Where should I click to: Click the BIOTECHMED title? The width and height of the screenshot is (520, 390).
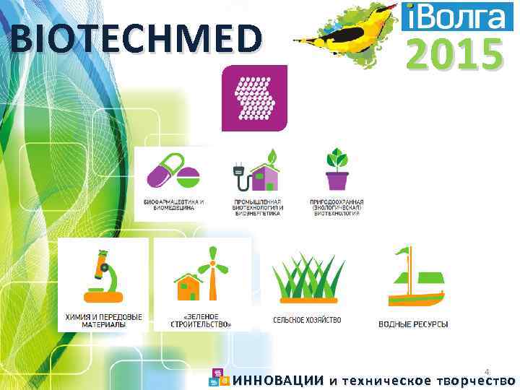tap(136, 38)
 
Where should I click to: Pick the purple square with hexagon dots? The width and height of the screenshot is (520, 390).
tap(254, 97)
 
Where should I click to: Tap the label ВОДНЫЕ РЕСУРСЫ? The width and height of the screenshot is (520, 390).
tap(413, 324)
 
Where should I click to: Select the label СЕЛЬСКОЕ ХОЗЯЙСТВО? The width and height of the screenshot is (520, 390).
tap(307, 319)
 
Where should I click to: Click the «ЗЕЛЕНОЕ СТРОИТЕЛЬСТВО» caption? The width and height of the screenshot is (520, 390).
tap(203, 321)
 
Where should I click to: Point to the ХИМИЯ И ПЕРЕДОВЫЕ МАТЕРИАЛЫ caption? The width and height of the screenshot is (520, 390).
tap(104, 321)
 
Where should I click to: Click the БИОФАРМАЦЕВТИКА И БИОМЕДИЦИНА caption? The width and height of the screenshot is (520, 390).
tap(173, 205)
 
